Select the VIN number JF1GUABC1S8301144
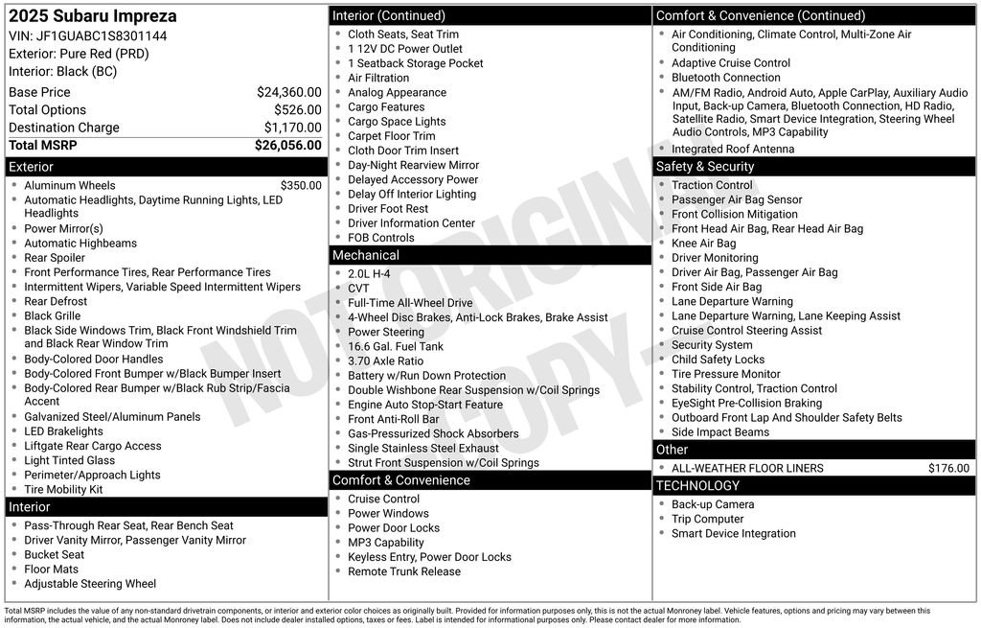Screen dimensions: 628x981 102,35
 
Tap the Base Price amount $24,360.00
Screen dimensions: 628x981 288,92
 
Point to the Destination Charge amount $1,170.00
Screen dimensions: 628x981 292,128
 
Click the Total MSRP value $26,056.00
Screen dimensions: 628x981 287,146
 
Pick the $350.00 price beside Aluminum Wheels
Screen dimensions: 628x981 301,186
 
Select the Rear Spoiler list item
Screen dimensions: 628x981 55,258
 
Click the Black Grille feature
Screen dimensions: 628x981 53,315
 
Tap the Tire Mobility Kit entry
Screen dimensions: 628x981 63,489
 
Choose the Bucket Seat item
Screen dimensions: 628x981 55,554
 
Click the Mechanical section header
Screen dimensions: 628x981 365,255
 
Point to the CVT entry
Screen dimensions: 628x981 358,288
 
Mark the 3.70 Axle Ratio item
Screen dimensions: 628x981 385,361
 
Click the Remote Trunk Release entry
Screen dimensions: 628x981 404,571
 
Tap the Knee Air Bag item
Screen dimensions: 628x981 704,244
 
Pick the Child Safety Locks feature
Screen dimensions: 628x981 718,360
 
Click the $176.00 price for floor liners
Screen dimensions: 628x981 948,469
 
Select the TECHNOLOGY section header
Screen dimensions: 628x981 697,486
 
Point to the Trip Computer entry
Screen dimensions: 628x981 707,519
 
